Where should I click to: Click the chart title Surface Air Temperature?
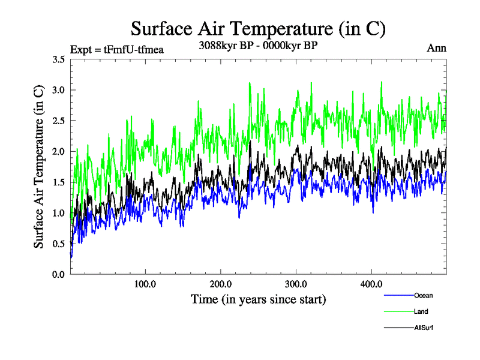[257, 28]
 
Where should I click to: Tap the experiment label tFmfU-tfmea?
[117, 49]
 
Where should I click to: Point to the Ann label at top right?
[436, 48]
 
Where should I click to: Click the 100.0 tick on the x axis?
[145, 284]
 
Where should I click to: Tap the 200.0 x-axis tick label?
[221, 284]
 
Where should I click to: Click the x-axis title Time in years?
[258, 299]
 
